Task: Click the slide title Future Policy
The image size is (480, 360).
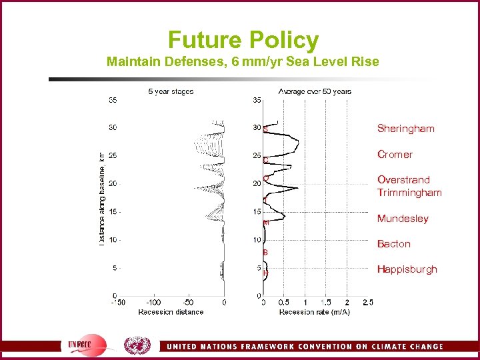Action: point(243,40)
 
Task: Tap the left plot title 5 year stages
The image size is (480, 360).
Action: point(171,91)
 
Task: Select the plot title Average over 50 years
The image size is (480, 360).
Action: point(315,91)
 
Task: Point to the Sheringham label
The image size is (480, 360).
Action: point(405,128)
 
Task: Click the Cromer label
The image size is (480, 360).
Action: point(395,154)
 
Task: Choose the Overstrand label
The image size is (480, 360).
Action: point(403,180)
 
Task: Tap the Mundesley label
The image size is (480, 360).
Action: point(403,219)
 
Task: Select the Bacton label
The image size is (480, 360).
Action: point(393,244)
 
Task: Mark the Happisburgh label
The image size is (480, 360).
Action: point(407,269)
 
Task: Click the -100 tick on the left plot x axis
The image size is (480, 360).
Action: point(153,303)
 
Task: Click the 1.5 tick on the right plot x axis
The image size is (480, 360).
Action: point(326,303)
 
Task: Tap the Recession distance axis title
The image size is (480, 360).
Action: point(171,312)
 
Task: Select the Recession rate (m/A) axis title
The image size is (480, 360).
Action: point(314,312)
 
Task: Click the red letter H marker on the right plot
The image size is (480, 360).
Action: point(265,273)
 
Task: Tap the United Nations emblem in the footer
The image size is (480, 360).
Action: point(137,345)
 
